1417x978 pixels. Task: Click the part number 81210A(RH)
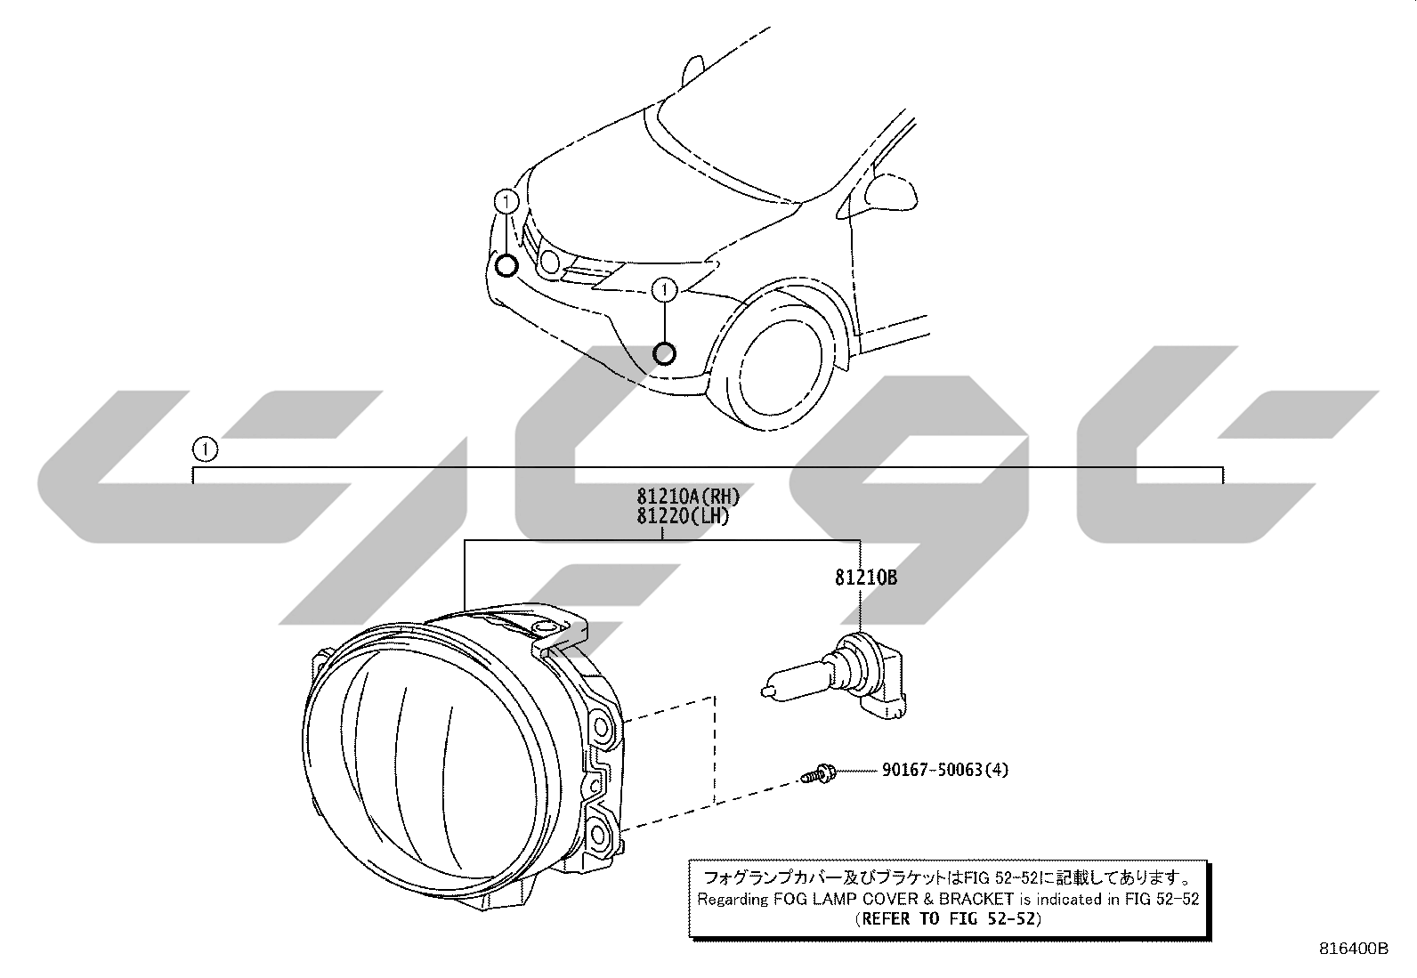click(x=688, y=497)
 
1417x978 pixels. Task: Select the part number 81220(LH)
click(x=683, y=517)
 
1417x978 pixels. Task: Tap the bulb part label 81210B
click(x=865, y=578)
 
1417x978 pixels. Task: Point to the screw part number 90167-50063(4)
click(x=945, y=770)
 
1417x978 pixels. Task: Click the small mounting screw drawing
click(x=818, y=773)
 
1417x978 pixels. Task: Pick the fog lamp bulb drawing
click(x=835, y=678)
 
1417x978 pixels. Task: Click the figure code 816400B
click(x=1354, y=949)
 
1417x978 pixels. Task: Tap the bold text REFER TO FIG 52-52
click(x=948, y=918)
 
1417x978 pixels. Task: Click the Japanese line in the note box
click(x=947, y=877)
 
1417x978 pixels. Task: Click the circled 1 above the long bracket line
click(x=205, y=449)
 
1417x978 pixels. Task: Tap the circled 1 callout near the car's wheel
click(x=664, y=290)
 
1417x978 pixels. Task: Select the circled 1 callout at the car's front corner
click(x=506, y=202)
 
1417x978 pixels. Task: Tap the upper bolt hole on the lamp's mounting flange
click(x=600, y=728)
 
